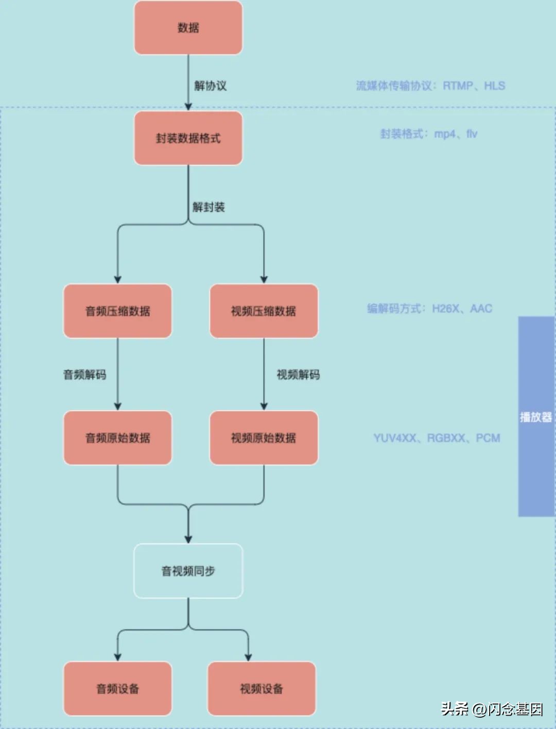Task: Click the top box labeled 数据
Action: (188, 28)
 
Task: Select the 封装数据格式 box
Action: (188, 138)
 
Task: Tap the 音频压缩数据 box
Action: (117, 311)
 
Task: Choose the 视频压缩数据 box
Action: (264, 311)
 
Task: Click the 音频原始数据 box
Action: (117, 438)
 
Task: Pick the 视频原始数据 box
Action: (264, 438)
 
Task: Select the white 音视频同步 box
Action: (188, 571)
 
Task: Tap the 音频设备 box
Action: (117, 689)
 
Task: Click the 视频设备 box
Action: (262, 689)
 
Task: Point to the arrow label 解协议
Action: (210, 86)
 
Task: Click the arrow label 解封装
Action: (208, 207)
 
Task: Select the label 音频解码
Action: (84, 375)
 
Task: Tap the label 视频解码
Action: (298, 375)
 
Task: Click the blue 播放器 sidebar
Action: (536, 416)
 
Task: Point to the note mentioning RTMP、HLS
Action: (430, 86)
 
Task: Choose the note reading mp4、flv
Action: (428, 134)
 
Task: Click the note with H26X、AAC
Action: (429, 309)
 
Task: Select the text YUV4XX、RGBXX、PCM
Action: (437, 438)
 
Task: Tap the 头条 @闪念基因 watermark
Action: (492, 709)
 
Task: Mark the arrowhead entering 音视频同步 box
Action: (188, 539)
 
